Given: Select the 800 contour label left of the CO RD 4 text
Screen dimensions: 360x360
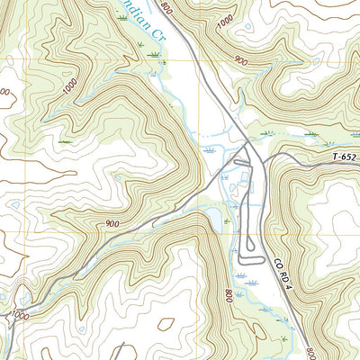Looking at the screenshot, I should (229, 294).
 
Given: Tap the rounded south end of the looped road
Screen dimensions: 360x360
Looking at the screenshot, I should (246, 261).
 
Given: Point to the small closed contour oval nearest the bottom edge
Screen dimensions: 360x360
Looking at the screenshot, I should (166, 321).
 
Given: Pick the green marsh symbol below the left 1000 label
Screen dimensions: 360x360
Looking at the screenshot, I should (65, 142).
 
